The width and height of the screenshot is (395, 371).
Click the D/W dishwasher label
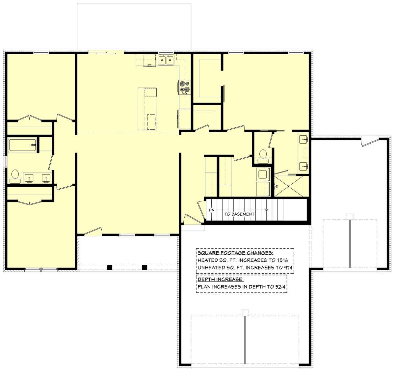pos(149,65)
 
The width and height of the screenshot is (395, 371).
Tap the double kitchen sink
pos(166,60)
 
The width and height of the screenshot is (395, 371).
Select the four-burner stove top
pos(184,87)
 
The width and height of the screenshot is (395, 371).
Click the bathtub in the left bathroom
pos(22,145)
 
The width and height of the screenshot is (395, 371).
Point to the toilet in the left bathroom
pos(15,176)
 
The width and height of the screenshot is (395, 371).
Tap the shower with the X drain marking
pos(289,186)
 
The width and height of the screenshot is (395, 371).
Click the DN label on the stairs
pos(212,210)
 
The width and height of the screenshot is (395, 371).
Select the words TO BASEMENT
pos(239,214)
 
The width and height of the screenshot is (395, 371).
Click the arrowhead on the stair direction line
pos(267,210)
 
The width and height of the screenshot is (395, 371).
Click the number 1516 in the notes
pos(282,260)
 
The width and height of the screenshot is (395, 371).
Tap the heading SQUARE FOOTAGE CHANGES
pos(235,253)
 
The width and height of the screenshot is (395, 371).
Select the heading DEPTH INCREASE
pos(221,279)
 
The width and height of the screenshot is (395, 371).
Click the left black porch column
pos(109,267)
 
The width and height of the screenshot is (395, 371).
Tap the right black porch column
pos(145,267)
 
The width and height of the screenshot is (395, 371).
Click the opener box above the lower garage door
pos(245,313)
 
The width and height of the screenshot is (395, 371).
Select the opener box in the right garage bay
pos(350,217)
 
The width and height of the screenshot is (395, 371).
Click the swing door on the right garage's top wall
pos(370,141)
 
